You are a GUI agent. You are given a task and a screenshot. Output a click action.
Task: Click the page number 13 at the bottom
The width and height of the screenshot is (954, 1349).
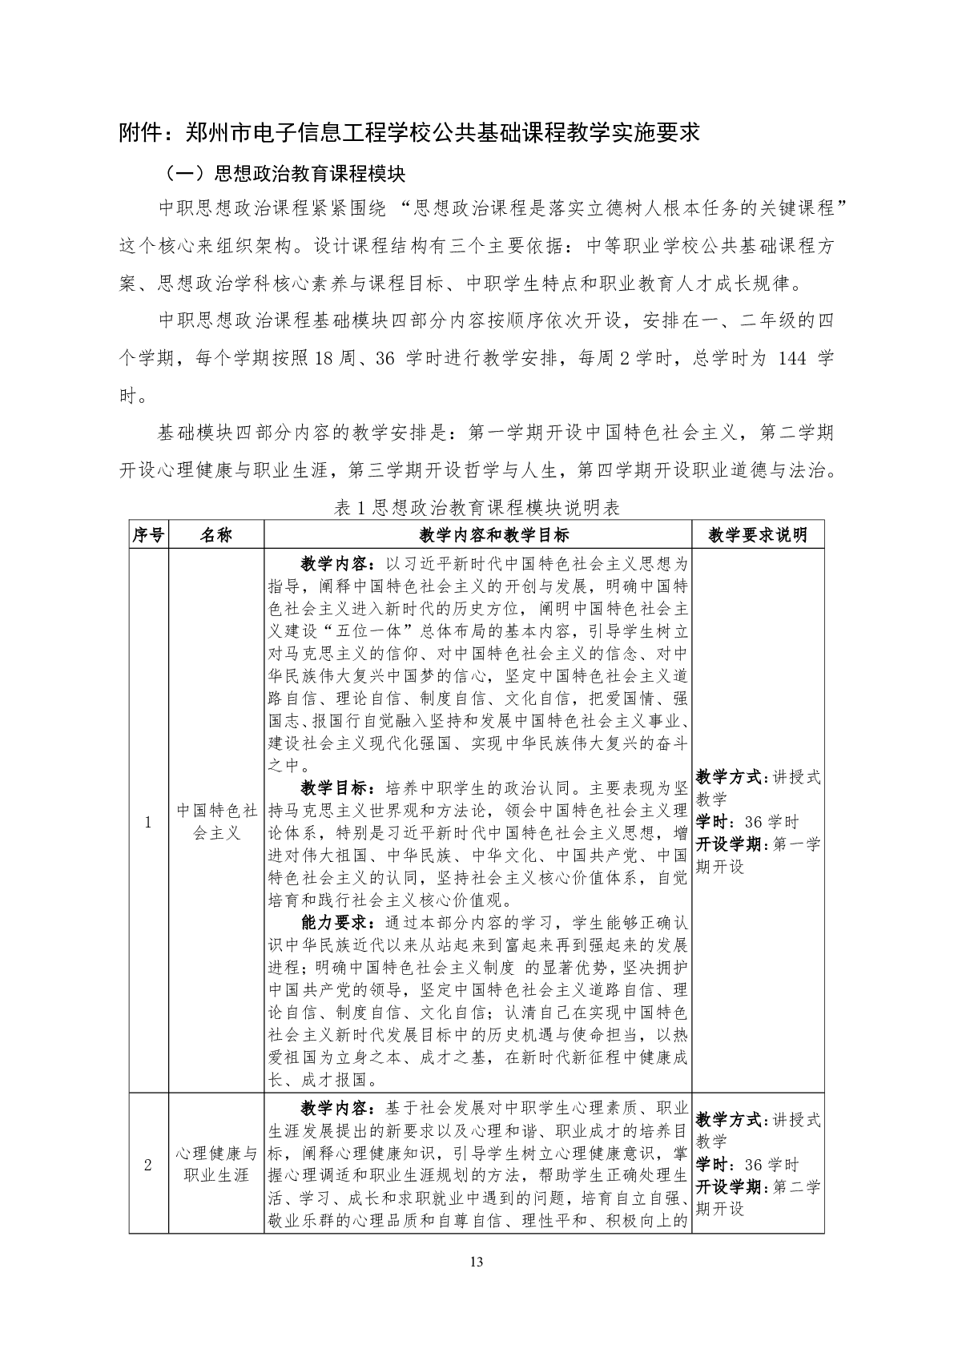pos(477,1262)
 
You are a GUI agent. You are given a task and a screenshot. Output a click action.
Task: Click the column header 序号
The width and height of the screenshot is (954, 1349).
pos(148,535)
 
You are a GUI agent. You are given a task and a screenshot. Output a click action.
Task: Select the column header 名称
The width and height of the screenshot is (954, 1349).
pos(215,535)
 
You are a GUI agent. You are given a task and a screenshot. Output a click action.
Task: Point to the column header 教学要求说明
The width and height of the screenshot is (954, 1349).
pos(758,535)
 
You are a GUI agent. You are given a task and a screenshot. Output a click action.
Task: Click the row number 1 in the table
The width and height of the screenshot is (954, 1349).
pos(148,821)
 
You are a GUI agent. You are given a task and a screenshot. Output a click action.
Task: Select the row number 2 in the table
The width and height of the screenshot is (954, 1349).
pos(148,1165)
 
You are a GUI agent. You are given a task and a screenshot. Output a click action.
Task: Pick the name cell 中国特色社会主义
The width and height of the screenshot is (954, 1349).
pos(216,821)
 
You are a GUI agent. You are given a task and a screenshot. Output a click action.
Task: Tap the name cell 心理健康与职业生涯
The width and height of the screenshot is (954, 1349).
pos(216,1165)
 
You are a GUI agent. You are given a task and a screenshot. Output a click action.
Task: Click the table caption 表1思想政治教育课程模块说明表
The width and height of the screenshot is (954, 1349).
pos(477,508)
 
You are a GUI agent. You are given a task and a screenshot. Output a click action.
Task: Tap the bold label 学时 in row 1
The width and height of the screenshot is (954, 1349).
pos(712,822)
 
